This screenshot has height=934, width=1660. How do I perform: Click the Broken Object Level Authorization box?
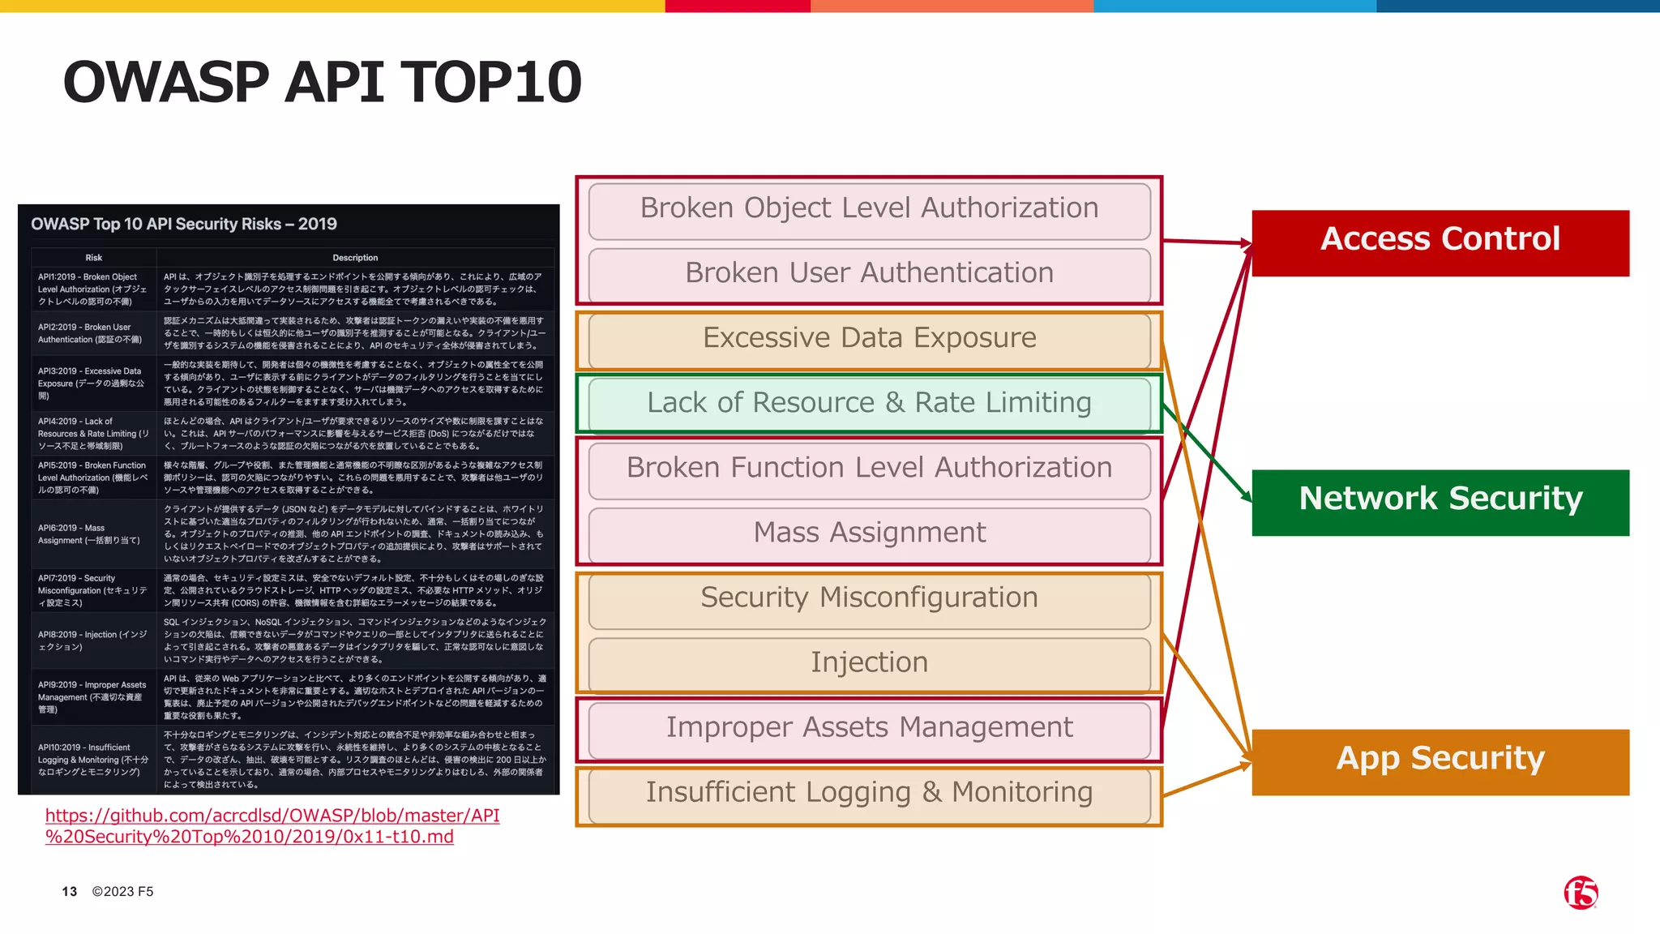click(869, 209)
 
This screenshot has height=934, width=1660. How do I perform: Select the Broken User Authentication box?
click(869, 274)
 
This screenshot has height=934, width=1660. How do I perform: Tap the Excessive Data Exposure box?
click(869, 339)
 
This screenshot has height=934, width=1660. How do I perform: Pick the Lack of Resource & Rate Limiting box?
click(869, 404)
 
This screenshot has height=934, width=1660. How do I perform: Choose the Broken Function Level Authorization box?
click(869, 469)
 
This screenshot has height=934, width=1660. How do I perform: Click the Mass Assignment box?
click(869, 533)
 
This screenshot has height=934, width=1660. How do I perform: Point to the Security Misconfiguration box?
click(869, 598)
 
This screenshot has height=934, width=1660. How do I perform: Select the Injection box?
click(869, 663)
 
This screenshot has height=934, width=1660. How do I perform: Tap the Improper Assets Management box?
click(869, 728)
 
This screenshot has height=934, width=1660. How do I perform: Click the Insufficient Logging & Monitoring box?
click(869, 793)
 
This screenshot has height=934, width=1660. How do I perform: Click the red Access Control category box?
click(1440, 242)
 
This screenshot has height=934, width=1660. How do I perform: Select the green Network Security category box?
click(1440, 502)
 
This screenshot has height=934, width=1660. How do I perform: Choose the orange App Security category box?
click(1440, 761)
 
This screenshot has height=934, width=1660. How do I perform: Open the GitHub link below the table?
click(272, 825)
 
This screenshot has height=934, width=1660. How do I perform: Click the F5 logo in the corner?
click(1580, 893)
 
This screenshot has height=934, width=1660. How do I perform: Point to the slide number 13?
click(69, 892)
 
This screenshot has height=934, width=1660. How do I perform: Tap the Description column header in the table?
click(355, 258)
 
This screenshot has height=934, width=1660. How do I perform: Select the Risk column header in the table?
click(93, 258)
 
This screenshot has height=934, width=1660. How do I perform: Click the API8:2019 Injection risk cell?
click(92, 641)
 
